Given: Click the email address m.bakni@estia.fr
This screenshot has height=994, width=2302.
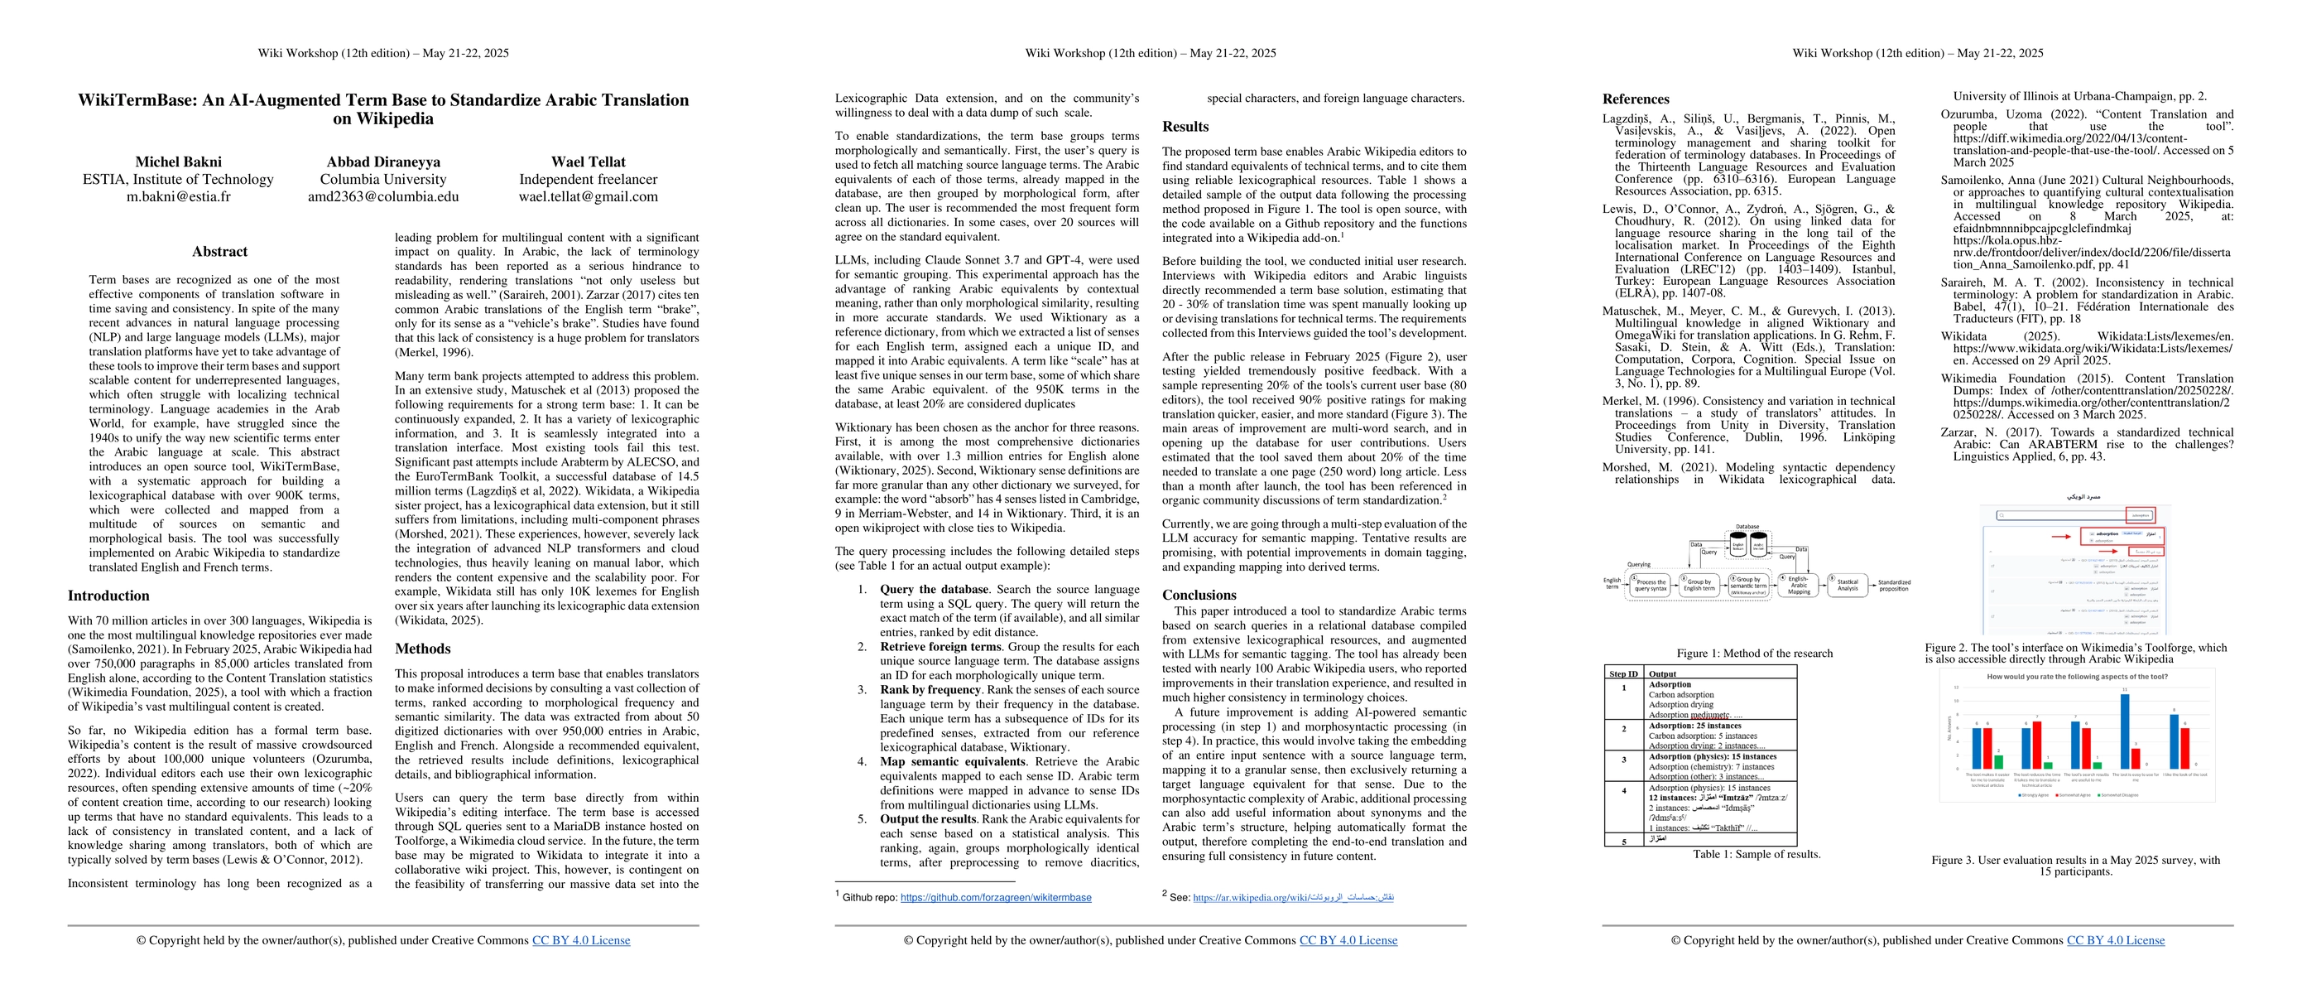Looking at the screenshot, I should (178, 196).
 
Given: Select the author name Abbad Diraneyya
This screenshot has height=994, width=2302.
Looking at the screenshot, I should (382, 162).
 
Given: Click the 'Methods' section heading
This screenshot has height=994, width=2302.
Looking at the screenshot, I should (423, 649).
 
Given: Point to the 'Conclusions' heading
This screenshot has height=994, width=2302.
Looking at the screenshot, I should (1199, 596).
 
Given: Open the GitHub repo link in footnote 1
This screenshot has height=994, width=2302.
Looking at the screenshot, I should (996, 897).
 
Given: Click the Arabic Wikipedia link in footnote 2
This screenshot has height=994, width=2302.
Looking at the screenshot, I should (1293, 896).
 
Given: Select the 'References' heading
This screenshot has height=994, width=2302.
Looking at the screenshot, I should (1636, 99).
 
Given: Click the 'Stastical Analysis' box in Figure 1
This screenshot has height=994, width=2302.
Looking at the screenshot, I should (1847, 585).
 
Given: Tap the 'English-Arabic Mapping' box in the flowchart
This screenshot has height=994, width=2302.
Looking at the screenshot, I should (1799, 585).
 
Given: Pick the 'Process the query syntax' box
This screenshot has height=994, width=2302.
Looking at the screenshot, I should (1651, 586).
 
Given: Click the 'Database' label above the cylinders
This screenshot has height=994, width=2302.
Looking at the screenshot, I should (1747, 528).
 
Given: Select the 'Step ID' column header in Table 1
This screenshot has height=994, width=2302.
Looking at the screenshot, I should (1624, 674).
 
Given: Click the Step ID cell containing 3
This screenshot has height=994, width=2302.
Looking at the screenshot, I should (1624, 760).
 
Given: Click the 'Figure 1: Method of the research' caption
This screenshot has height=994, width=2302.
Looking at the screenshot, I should (1754, 654).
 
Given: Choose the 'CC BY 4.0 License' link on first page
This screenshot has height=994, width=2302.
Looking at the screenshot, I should (581, 940).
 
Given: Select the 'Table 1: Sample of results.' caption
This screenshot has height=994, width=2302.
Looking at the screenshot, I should (1756, 855).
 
